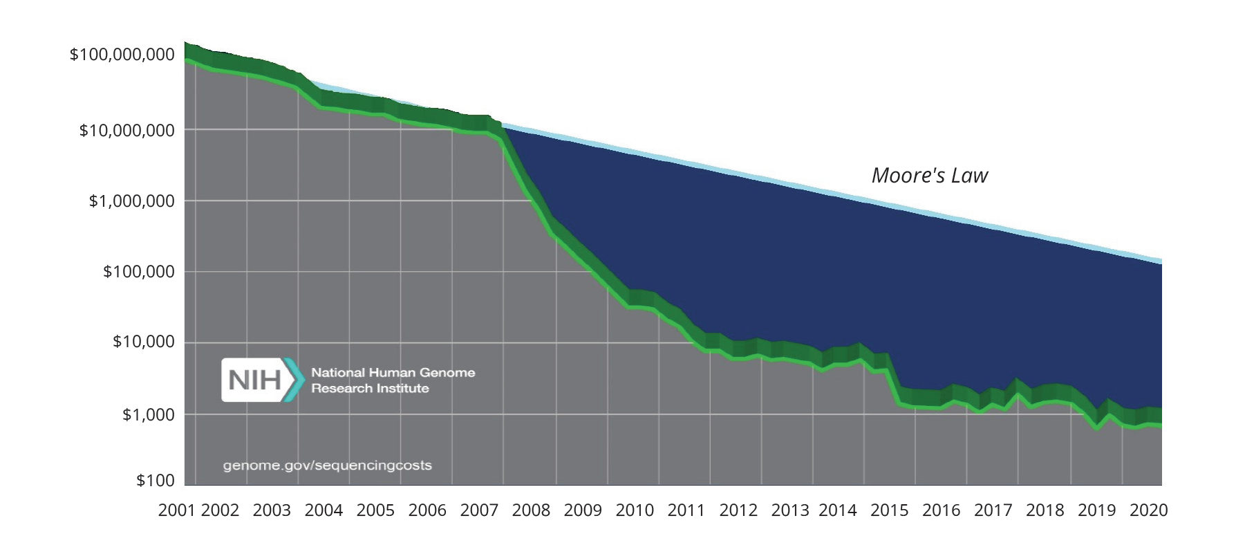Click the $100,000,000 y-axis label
point(122,55)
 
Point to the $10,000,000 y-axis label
point(127,130)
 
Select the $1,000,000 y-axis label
point(131,201)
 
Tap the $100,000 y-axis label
point(138,272)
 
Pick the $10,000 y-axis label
point(143,342)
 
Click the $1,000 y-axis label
point(148,415)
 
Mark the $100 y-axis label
point(155,481)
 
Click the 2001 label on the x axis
point(177,510)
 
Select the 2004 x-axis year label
point(324,510)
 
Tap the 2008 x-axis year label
point(531,510)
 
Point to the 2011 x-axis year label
point(686,510)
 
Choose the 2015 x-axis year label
point(889,510)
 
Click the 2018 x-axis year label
point(1045,510)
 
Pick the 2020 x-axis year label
point(1148,510)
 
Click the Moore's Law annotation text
point(929,176)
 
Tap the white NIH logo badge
point(253,380)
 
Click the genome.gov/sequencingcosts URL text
point(327,465)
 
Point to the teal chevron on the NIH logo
point(296,380)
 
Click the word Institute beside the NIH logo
point(402,389)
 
